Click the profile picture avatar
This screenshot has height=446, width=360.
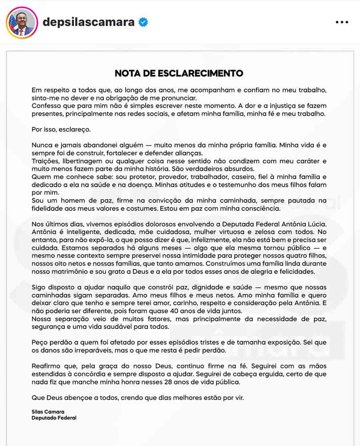[x=22, y=22]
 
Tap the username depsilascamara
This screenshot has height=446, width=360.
[x=88, y=22]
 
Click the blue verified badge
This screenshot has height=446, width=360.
[x=143, y=22]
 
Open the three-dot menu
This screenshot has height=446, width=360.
[x=342, y=22]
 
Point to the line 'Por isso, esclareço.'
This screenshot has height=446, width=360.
[x=61, y=130]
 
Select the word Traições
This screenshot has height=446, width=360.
[x=45, y=161]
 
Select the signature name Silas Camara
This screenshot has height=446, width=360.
[x=48, y=412]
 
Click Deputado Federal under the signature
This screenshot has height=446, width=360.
[x=54, y=418]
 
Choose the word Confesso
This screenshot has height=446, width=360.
[x=47, y=106]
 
